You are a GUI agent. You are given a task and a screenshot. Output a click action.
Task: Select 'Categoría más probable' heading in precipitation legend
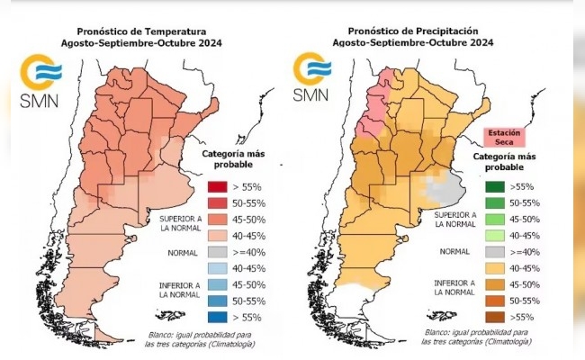pos(501,162)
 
